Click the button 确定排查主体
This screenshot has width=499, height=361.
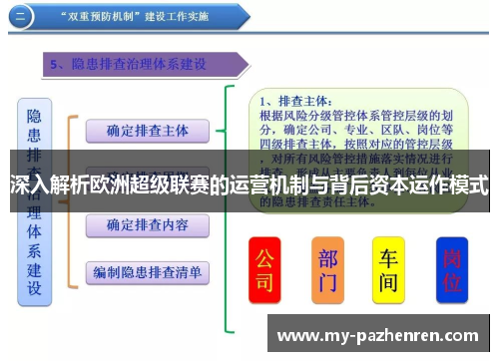146,130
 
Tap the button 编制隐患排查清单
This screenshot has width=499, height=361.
147,271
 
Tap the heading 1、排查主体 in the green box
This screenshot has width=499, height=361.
295,101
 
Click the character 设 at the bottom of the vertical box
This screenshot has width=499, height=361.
34,289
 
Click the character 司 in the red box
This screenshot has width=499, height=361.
263,283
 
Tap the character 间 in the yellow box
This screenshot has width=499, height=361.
388,283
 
